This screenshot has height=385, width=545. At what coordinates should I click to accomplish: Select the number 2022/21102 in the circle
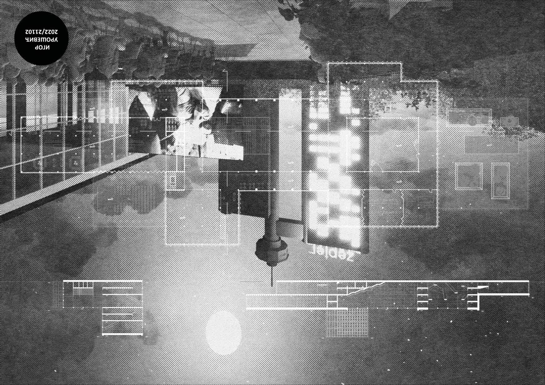(x=41, y=32)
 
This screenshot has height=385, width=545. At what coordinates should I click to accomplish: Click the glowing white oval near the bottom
(x=223, y=333)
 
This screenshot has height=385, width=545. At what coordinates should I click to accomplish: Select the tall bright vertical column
(x=290, y=155)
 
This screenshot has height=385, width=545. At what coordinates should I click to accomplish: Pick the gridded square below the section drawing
(x=347, y=323)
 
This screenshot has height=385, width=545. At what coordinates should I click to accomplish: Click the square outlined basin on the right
(x=469, y=176)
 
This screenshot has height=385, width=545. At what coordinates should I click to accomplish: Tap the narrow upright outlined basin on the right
(x=500, y=181)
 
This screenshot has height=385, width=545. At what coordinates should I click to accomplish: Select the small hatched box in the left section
(x=83, y=292)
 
